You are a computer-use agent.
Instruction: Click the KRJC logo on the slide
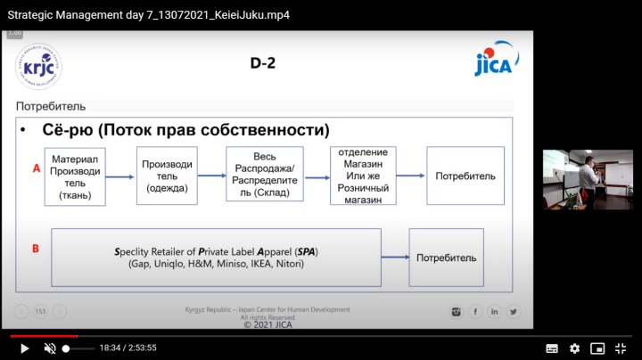click(x=38, y=66)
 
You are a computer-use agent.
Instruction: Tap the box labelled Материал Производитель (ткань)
click(x=74, y=176)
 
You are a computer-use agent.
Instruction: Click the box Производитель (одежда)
click(x=167, y=176)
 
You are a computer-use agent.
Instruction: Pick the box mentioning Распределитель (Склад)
click(x=265, y=175)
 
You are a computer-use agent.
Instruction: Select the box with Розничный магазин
click(x=363, y=176)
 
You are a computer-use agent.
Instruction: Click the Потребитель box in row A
click(x=465, y=176)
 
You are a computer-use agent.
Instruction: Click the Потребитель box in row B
click(x=446, y=258)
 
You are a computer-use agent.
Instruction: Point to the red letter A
click(x=36, y=167)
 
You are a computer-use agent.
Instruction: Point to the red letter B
click(x=36, y=249)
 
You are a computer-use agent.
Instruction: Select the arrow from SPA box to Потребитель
click(x=395, y=258)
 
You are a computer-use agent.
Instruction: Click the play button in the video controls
click(x=24, y=348)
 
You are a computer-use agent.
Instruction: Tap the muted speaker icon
click(x=50, y=348)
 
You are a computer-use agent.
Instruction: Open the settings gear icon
click(x=575, y=348)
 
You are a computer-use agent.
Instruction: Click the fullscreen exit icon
click(x=621, y=348)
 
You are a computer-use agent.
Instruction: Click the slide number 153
click(x=40, y=312)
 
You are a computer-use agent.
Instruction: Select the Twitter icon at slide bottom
click(x=514, y=312)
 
